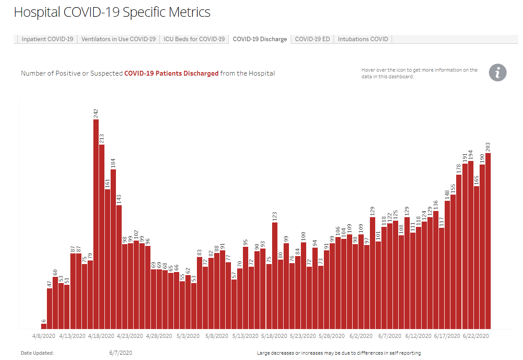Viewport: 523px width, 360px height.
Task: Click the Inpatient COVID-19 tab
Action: click(x=47, y=39)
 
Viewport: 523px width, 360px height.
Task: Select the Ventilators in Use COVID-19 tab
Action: click(x=119, y=39)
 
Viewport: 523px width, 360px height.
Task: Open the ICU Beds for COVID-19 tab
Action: click(x=194, y=39)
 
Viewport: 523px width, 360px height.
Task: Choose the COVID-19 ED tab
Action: click(x=312, y=39)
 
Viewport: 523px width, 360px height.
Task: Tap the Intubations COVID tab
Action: click(x=363, y=39)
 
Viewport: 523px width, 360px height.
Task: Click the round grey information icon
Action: click(x=497, y=73)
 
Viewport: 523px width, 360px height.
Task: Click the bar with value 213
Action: click(x=102, y=237)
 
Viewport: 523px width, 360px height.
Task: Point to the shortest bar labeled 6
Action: click(x=44, y=326)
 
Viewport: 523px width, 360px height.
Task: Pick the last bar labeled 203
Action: click(x=488, y=241)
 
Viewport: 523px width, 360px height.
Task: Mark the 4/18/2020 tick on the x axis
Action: click(x=101, y=336)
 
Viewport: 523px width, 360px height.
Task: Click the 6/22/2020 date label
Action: click(x=476, y=336)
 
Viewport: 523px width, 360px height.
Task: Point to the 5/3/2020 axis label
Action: click(x=188, y=336)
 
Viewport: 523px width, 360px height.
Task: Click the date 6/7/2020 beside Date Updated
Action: click(x=120, y=353)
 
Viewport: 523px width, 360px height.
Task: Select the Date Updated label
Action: click(x=37, y=353)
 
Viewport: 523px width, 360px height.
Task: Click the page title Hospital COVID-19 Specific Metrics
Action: click(x=112, y=12)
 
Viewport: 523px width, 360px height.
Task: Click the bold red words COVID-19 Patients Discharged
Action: click(x=171, y=73)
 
